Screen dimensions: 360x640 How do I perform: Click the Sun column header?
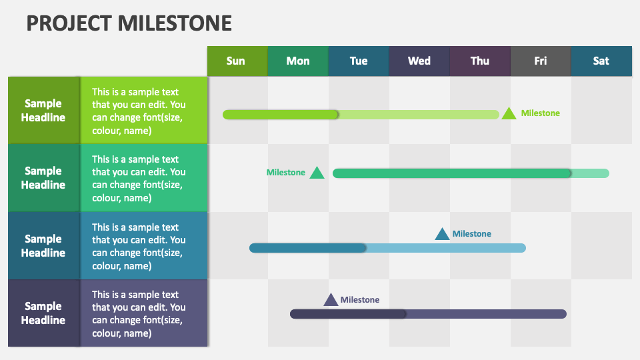pos(237,61)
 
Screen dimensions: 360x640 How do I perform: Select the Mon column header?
pos(297,61)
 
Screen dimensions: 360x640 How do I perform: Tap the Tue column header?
pos(358,61)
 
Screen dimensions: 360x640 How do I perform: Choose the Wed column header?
pos(419,61)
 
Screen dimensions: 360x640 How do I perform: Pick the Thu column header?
pos(479,61)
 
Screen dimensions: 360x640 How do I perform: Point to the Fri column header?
pos(540,61)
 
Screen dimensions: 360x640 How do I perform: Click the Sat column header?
pos(601,61)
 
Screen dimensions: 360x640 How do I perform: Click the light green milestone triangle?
pos(509,113)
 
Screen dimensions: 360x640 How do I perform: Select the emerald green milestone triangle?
pos(317,173)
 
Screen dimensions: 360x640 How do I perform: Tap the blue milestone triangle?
pos(442,234)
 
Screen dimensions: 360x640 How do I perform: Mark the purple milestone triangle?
pos(331,300)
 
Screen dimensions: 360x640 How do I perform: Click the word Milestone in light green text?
pos(540,113)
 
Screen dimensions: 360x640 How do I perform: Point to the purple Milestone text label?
pos(360,300)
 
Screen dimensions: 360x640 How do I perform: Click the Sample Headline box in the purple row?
pos(43,313)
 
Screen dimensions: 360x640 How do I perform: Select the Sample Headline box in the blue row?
pos(43,245)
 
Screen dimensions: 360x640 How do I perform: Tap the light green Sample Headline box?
pos(43,110)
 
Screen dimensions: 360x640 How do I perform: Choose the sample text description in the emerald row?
pos(139,178)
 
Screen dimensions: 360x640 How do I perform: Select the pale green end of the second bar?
pos(591,173)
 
